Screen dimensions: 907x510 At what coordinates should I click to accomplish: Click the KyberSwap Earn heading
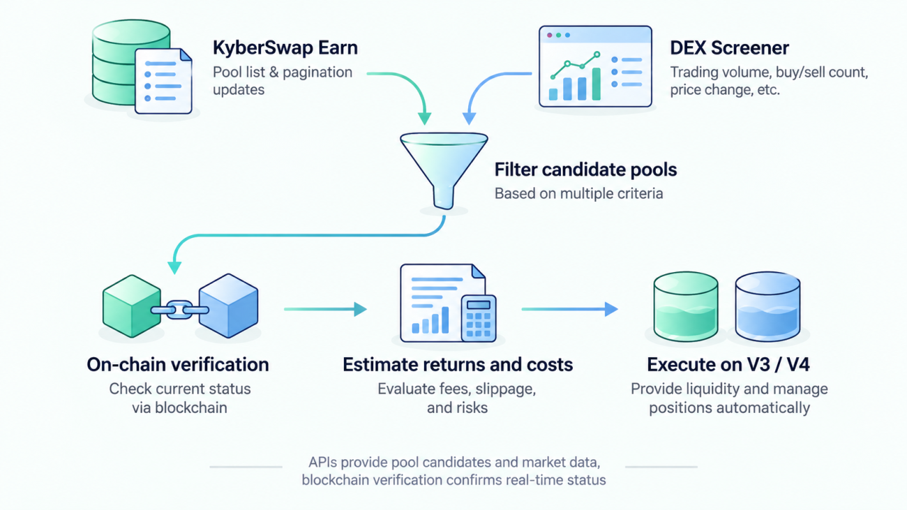coord(285,47)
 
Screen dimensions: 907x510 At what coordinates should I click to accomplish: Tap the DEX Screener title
coord(729,47)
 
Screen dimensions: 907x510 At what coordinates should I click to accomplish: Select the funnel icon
coord(444,171)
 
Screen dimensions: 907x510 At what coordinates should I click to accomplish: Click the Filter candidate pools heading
coord(585,170)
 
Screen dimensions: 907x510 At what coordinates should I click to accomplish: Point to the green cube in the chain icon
coord(132,306)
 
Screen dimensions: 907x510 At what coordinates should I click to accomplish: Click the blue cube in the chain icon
coord(229,306)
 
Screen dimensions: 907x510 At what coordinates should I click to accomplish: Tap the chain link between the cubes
coord(180,310)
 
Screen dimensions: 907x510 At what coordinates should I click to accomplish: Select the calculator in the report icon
coord(479,319)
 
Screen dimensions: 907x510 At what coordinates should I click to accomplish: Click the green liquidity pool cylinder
coord(686,306)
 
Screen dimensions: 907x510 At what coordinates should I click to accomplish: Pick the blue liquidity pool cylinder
coord(767,306)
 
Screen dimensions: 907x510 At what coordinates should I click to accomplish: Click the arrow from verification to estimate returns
coord(326,309)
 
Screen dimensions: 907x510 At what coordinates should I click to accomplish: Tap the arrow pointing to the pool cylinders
coord(570,309)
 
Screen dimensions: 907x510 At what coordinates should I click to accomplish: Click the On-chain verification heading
coord(178,365)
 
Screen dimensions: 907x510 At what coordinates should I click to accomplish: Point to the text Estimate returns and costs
coord(458,365)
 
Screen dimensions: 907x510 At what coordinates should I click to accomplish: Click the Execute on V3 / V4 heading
coord(728,365)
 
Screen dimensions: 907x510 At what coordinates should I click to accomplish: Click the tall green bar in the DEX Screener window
coord(596,84)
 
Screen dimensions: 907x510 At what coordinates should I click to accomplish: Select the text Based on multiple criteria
coord(578,193)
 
